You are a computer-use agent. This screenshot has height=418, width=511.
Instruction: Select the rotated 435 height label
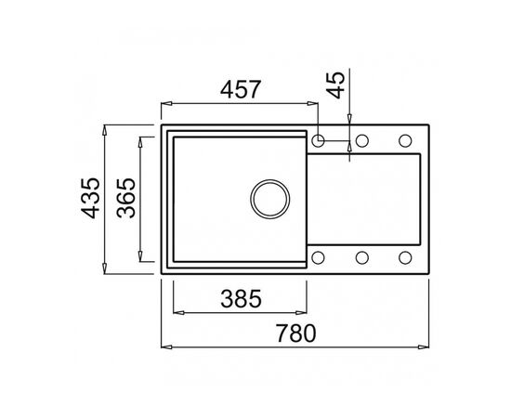coord(90,199)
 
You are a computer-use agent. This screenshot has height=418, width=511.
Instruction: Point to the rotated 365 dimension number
coord(128,199)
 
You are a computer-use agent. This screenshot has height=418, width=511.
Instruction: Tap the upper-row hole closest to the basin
coord(319,141)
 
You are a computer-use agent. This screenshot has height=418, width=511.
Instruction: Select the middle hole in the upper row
coord(363,141)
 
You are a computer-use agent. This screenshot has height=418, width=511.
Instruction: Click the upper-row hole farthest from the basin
coord(405,141)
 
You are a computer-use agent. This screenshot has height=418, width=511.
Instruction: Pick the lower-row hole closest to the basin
coord(319,257)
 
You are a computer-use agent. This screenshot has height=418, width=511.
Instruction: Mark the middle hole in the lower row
coord(363,257)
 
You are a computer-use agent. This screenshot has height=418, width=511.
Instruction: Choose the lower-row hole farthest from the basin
coord(405,257)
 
